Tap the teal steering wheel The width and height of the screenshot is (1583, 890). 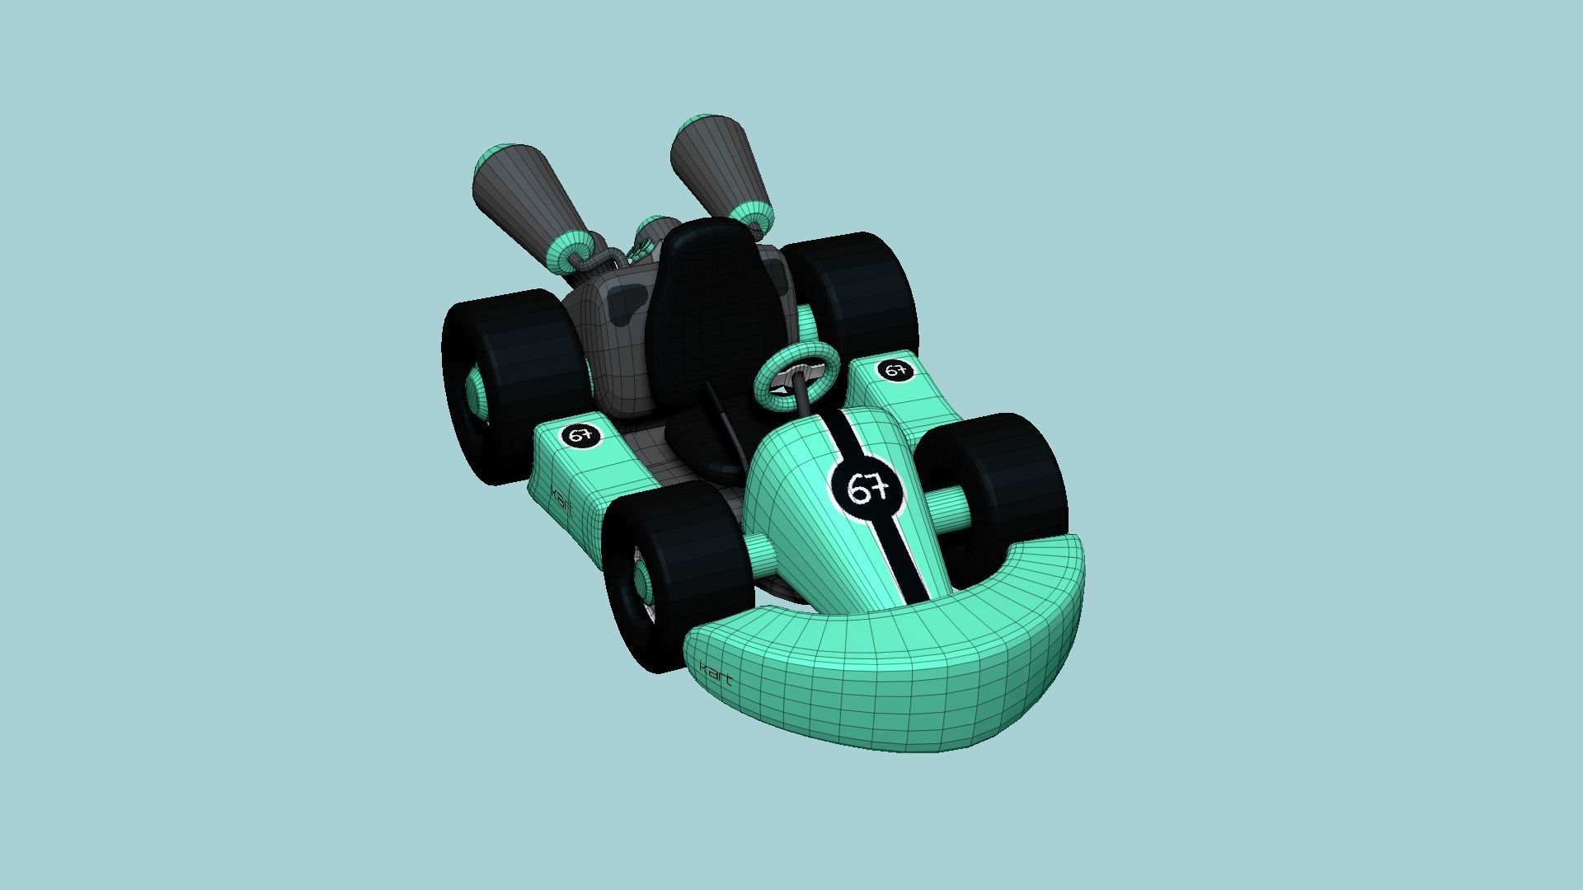point(796,375)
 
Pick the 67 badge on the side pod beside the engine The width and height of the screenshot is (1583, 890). point(580,436)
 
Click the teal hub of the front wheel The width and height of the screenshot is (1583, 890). point(647,585)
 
